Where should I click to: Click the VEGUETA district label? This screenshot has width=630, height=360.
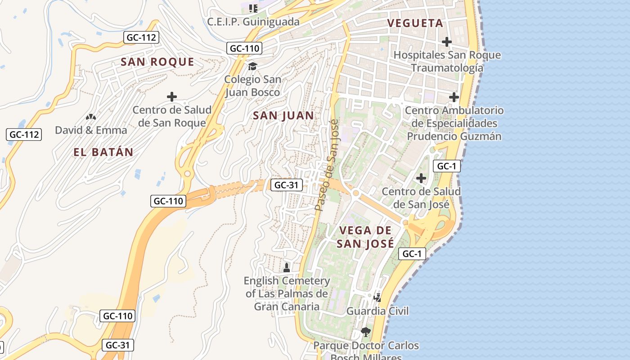tap(415, 23)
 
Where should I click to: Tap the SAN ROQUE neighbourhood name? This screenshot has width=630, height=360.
tap(157, 62)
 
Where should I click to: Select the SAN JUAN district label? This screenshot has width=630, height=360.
tap(283, 116)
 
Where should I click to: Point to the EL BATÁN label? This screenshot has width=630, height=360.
tap(103, 152)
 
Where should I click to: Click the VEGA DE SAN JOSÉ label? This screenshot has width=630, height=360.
tap(366, 237)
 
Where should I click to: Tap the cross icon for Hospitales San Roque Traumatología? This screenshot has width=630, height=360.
tap(446, 42)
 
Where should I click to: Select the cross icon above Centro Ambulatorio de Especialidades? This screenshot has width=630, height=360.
tap(454, 97)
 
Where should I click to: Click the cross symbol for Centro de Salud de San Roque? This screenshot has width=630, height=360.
tap(171, 97)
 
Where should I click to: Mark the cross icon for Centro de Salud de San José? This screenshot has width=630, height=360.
tap(421, 178)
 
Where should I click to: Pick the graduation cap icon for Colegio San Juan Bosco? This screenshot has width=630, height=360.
tap(252, 66)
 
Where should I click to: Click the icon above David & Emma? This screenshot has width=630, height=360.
tap(91, 117)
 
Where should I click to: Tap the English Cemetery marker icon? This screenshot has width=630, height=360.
tap(286, 268)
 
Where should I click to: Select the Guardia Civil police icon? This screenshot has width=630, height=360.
tap(378, 297)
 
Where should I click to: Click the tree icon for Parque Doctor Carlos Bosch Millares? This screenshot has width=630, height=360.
tap(366, 332)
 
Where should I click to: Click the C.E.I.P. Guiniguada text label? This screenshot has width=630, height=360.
tap(253, 22)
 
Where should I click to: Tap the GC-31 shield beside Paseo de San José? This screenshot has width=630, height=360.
tap(287, 184)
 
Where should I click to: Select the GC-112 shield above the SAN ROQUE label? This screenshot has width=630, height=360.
tap(141, 37)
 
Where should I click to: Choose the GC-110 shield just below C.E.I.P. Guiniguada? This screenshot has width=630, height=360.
tap(244, 48)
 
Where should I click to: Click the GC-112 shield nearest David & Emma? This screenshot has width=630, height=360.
tap(24, 134)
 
